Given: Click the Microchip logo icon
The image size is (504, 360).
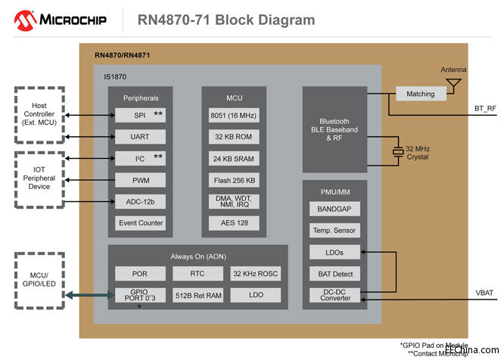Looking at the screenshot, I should [x=17, y=19].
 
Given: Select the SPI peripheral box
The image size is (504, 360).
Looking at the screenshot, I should [x=140, y=115].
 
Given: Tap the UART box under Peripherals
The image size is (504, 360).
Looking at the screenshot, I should [x=140, y=137].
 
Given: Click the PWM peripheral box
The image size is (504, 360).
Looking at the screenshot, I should [x=140, y=180].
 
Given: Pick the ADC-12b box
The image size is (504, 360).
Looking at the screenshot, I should [x=140, y=201].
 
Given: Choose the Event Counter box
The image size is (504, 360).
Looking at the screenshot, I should [x=140, y=222].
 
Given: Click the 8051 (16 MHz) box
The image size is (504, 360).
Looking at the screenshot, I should [x=233, y=115].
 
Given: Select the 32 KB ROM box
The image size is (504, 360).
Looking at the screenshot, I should [x=233, y=137].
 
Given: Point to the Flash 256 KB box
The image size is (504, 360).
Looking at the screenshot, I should [x=233, y=180].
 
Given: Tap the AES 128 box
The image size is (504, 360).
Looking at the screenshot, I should [x=233, y=222].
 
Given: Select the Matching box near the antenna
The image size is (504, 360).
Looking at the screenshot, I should [x=420, y=94].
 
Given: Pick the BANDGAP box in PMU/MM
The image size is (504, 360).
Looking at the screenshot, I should [x=334, y=208].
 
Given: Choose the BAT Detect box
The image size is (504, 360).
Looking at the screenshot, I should [x=334, y=274].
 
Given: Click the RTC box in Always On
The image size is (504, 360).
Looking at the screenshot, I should [x=198, y=273].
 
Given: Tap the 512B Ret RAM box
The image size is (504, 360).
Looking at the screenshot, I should [x=198, y=295].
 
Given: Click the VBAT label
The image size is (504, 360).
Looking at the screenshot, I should [x=484, y=292].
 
